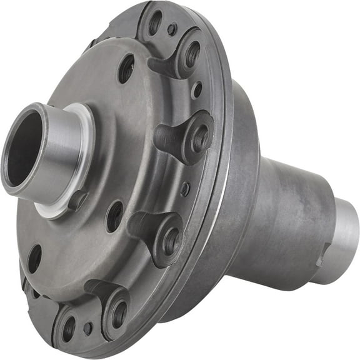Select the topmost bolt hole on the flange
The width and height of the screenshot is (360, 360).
155,23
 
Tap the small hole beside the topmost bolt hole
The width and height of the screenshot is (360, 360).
172,29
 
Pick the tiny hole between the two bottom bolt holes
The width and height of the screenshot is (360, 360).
88,327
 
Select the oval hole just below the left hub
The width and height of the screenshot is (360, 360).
114,216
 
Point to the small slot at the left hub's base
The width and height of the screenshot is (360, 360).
78,200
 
